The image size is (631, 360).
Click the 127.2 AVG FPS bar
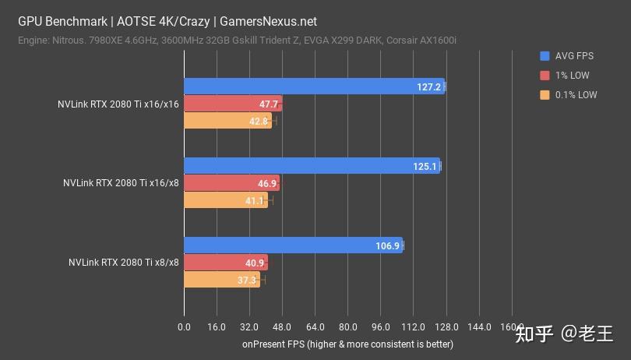click(x=314, y=86)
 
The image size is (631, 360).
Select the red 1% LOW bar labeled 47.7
click(x=233, y=104)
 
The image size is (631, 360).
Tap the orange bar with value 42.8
click(x=227, y=121)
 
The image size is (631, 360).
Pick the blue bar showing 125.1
click(x=312, y=166)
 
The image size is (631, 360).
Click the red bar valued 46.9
click(x=231, y=183)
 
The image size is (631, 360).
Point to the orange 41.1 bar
click(x=226, y=200)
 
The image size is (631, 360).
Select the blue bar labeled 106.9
click(x=293, y=245)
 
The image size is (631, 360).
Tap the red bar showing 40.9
click(x=226, y=263)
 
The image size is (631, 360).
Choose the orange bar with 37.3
click(x=222, y=280)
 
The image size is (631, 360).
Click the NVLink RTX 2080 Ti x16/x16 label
click(x=118, y=104)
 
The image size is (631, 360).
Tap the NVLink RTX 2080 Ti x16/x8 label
click(x=121, y=183)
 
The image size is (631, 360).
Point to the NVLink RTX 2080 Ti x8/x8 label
click(x=123, y=263)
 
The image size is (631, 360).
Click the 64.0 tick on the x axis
click(x=315, y=327)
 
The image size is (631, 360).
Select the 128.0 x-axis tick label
click(x=446, y=327)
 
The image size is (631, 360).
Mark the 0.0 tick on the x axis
click(x=185, y=327)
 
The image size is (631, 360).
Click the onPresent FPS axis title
click(x=347, y=344)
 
